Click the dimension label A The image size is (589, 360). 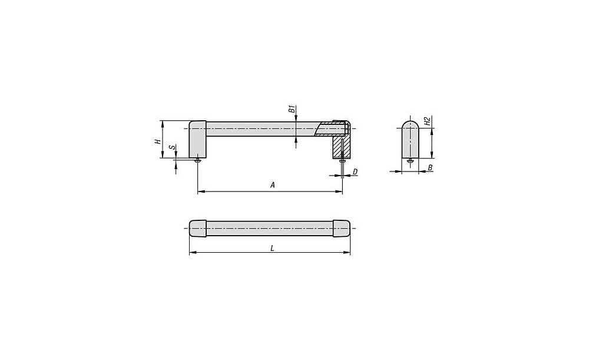click(x=273, y=185)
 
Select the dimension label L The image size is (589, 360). click(x=272, y=248)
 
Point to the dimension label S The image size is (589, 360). click(x=172, y=147)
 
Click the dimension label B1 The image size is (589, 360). click(x=291, y=110)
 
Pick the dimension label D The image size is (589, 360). click(x=355, y=171)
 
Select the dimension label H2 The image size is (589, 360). click(x=426, y=121)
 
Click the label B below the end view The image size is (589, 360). click(x=430, y=167)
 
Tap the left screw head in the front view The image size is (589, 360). click(x=198, y=160)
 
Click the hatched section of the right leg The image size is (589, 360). click(x=341, y=147)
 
